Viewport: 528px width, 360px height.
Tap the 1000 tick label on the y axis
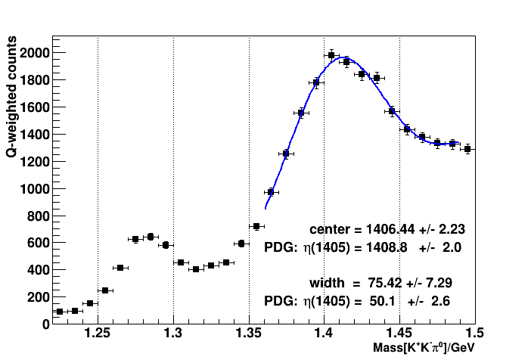[35, 188]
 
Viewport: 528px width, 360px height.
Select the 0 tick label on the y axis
[45, 324]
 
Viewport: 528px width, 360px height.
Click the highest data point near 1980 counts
[331, 55]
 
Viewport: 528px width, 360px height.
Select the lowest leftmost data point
[60, 312]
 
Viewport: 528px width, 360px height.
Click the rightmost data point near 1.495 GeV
[467, 149]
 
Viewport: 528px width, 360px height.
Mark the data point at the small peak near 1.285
[151, 237]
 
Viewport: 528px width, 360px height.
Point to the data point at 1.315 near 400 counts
[196, 268]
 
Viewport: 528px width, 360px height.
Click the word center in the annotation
[330, 228]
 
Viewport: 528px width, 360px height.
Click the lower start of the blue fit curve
[266, 208]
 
